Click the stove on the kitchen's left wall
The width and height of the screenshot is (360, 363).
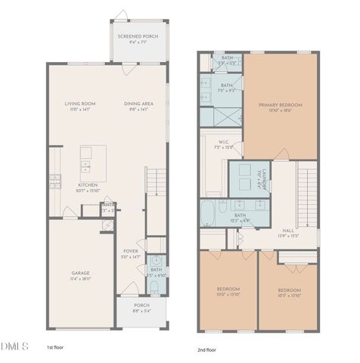point(55,180)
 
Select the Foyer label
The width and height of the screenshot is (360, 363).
point(131,254)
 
